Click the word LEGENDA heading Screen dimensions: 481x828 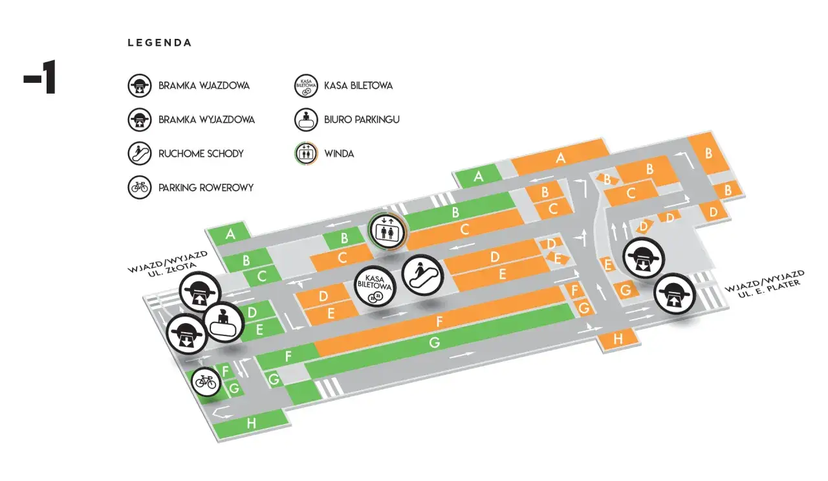160,43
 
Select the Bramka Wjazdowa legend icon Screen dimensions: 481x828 139,85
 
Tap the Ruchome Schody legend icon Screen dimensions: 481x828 139,153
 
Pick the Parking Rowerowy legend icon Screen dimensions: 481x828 139,188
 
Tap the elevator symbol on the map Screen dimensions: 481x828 387,231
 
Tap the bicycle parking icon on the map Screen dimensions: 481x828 206,382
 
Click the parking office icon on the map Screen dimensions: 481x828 224,322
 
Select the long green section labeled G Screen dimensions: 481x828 435,342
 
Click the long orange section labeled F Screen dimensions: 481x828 440,322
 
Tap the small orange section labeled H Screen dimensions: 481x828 617,338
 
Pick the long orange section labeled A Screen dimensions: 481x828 561,157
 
